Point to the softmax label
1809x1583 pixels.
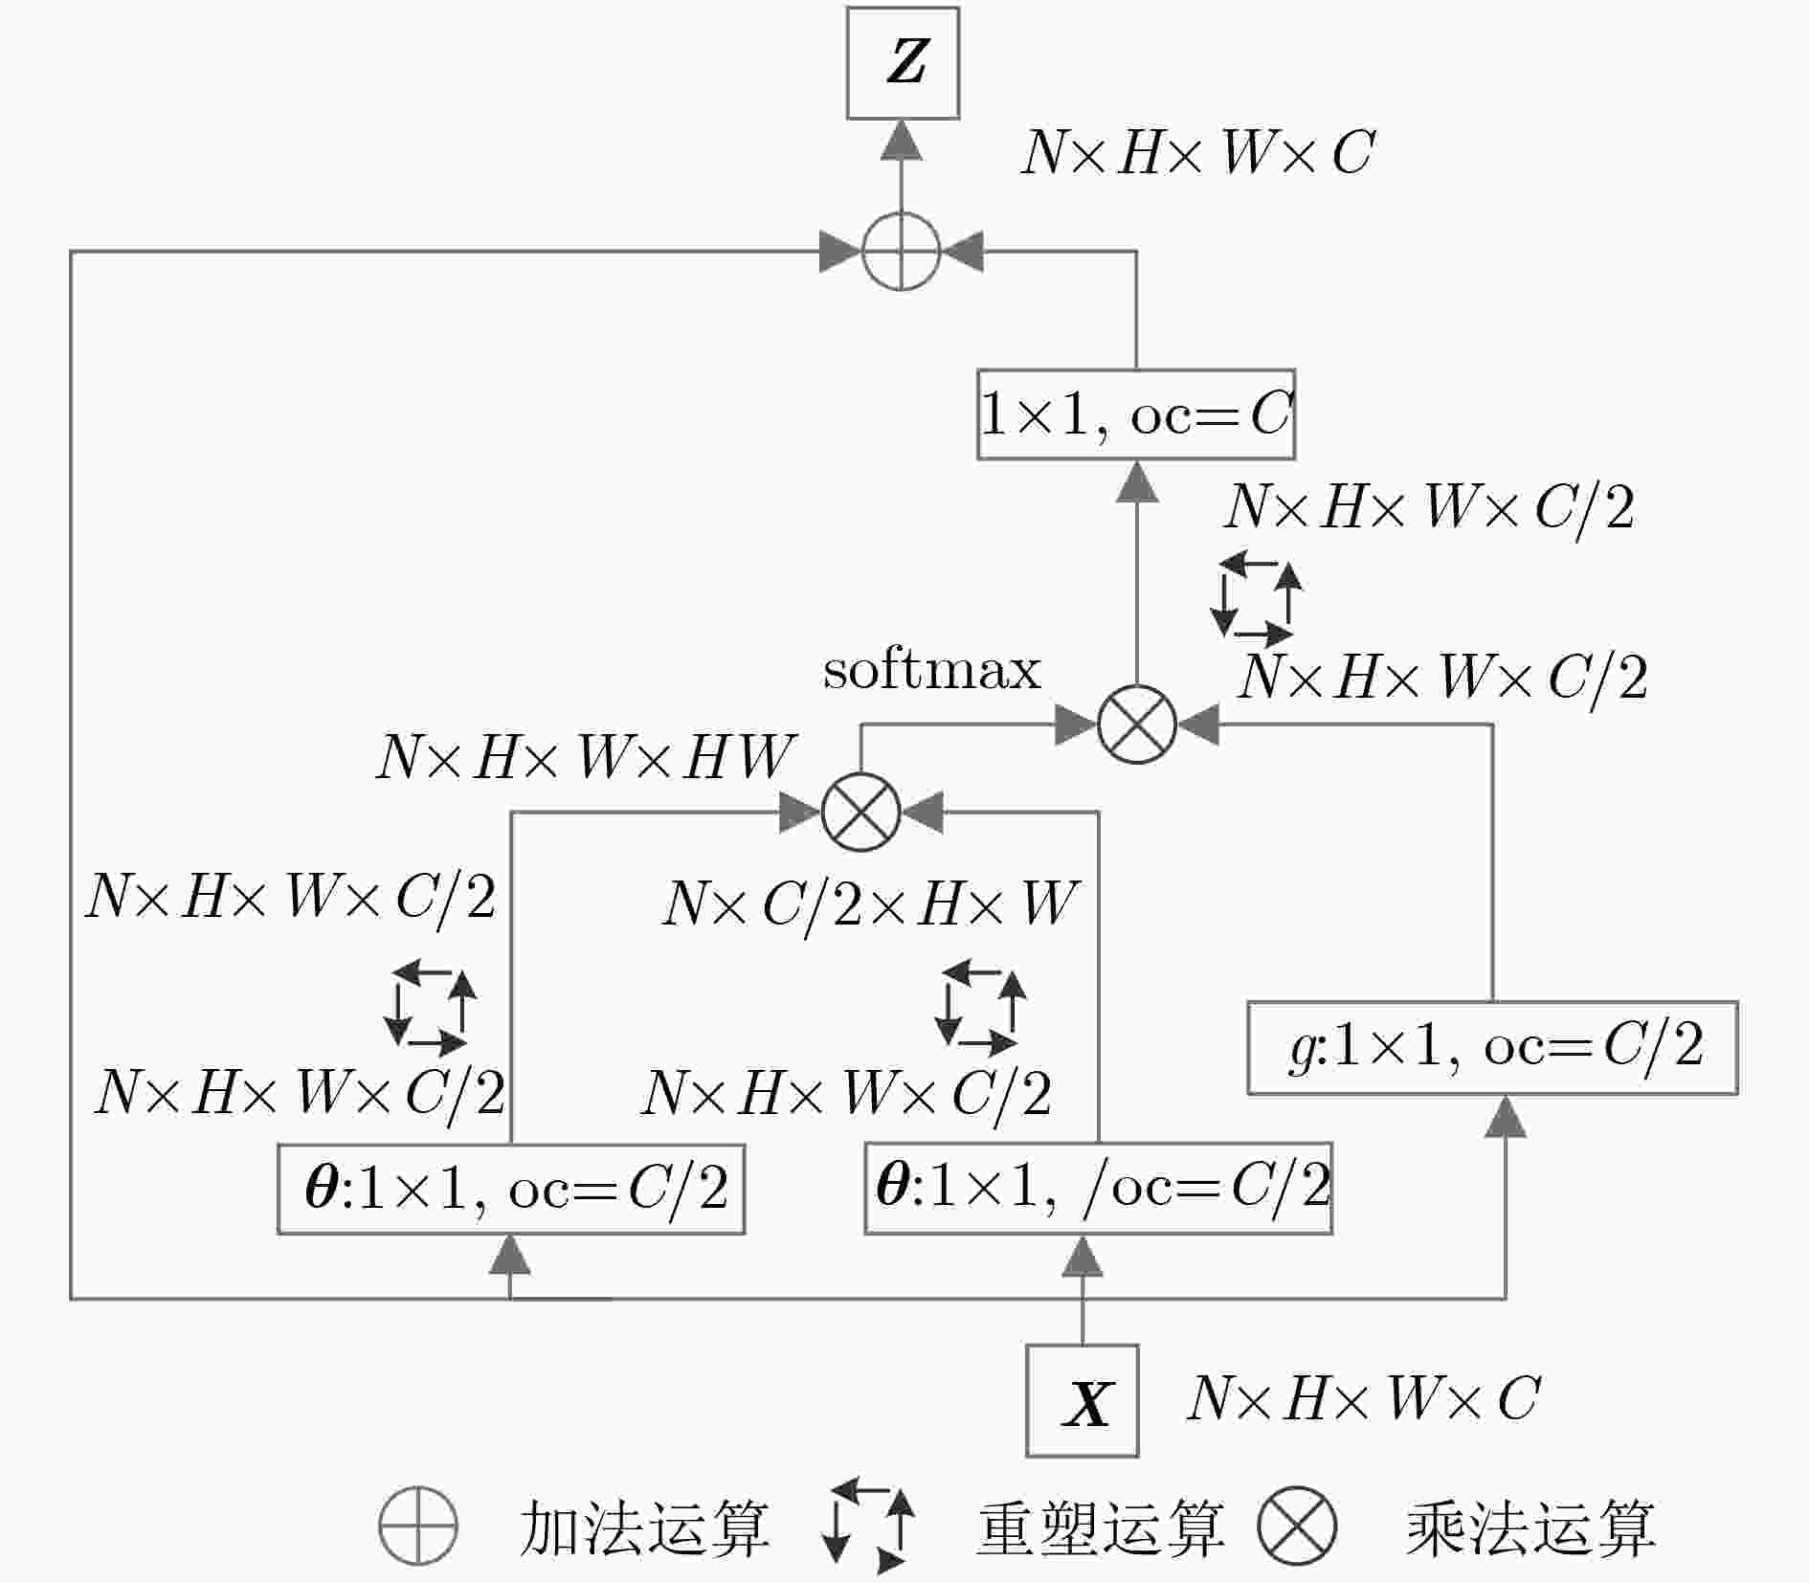point(931,669)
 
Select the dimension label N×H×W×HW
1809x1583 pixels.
point(586,757)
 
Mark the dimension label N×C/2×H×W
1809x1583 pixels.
point(871,903)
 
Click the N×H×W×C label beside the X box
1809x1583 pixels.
point(1363,1398)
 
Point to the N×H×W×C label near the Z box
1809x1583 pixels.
point(1198,152)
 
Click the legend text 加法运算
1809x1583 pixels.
point(644,1527)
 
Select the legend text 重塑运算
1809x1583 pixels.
point(1101,1527)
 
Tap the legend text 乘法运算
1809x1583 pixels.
point(1530,1527)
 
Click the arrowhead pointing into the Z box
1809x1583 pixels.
point(902,140)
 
